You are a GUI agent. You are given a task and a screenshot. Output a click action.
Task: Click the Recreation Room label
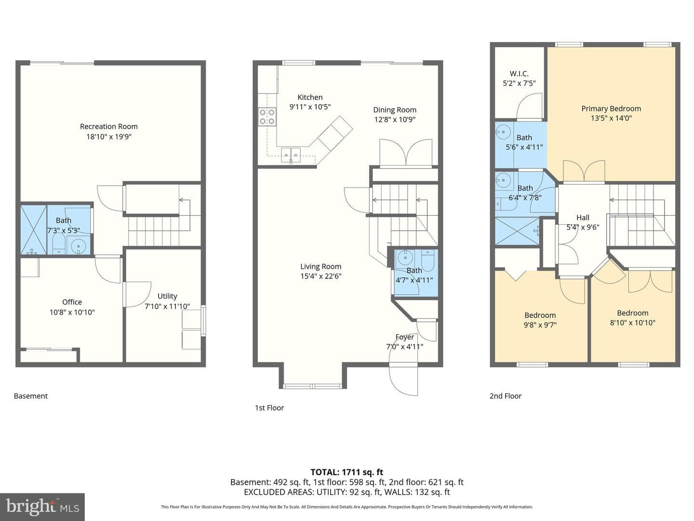tap(109, 126)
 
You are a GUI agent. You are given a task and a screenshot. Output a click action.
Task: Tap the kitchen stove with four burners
tap(267, 117)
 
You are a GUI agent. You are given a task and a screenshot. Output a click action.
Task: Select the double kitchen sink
tap(291, 155)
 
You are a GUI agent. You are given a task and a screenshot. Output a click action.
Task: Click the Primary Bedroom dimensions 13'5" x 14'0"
tap(611, 118)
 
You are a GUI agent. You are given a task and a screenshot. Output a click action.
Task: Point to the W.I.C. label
tap(519, 74)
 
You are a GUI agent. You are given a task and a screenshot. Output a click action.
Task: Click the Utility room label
tap(167, 296)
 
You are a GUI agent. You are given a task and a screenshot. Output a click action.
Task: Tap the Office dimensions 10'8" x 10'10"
tap(72, 313)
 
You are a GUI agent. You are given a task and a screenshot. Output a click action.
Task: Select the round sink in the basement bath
tap(78, 245)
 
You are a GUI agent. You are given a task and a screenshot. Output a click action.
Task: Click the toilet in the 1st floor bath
tap(428, 260)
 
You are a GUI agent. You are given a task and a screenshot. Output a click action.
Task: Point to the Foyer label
tap(405, 337)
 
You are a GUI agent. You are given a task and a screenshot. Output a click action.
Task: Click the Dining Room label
tap(395, 110)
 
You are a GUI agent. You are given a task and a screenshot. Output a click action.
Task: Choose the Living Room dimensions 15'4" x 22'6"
tap(321, 276)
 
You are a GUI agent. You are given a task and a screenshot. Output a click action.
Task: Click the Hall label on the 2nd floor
tap(583, 218)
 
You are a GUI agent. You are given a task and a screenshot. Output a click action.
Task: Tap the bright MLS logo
tap(42, 507)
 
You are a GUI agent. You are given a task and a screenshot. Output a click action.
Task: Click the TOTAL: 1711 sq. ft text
tap(347, 472)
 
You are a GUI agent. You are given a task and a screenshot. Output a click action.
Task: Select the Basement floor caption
tap(31, 396)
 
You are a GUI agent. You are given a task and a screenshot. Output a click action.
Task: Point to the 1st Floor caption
tap(269, 408)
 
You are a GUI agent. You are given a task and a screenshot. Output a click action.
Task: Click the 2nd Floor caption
tap(506, 396)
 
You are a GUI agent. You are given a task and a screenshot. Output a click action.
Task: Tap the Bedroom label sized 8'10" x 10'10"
tap(633, 313)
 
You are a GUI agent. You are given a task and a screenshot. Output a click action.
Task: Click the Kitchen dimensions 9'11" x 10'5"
tap(310, 107)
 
